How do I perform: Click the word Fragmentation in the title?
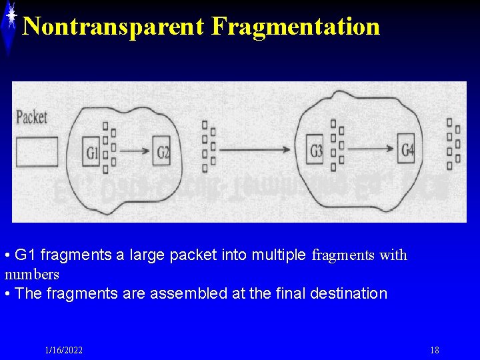[295, 27]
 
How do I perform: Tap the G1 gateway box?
[93, 153]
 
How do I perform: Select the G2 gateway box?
[163, 153]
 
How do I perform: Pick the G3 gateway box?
[316, 151]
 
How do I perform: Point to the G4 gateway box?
[407, 150]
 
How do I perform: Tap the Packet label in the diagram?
[31, 118]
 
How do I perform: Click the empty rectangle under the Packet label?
[37, 152]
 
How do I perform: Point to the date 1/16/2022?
[64, 351]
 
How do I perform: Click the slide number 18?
[435, 351]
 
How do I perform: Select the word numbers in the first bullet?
[32, 274]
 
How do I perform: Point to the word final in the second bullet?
[291, 293]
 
